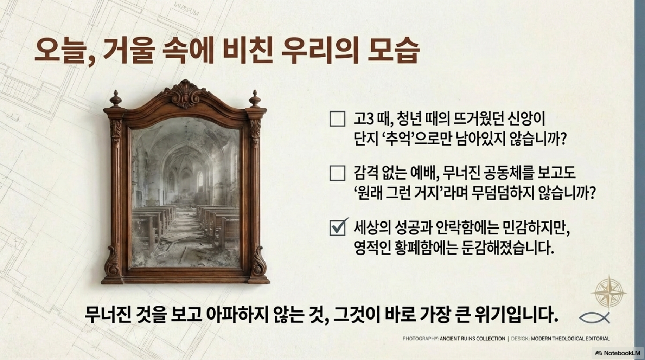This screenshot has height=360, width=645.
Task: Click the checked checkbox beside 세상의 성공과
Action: click(338, 227)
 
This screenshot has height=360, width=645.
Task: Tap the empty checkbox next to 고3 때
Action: click(337, 118)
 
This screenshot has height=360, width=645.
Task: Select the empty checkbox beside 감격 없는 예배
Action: click(337, 173)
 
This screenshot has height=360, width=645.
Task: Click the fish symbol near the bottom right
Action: click(594, 317)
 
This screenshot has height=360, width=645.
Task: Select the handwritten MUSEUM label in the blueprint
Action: click(186, 9)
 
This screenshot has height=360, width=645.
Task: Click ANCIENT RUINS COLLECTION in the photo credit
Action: click(472, 339)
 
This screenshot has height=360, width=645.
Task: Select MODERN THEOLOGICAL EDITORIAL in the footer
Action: click(570, 339)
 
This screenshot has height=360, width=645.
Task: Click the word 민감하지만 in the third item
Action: click(536, 228)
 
